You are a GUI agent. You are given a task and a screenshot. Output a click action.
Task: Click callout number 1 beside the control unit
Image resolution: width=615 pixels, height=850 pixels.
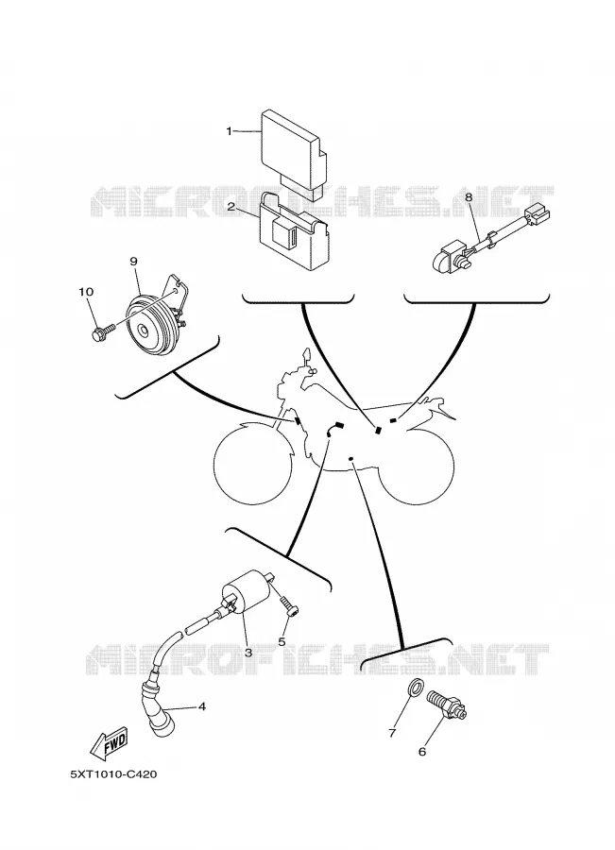229,131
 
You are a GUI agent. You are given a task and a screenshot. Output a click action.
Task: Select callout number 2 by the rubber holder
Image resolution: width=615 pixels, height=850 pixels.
231,207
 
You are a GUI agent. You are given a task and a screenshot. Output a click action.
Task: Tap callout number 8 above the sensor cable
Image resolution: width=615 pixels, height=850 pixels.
469,198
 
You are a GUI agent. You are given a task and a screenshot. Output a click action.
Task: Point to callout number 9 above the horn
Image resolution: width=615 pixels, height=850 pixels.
133,262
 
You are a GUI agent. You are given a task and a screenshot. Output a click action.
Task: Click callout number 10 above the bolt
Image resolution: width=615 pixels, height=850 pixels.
86,292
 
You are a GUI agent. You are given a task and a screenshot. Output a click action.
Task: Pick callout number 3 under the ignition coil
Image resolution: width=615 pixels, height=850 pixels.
248,653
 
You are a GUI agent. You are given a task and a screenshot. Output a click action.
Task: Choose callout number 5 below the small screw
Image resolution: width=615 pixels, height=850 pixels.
282,642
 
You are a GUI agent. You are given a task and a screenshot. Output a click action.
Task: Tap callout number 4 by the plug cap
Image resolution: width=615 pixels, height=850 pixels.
202,706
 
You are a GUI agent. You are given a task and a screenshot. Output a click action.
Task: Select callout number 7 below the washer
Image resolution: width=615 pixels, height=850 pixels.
392,733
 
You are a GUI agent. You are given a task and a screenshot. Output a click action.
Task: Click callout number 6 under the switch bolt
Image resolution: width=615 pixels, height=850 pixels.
422,752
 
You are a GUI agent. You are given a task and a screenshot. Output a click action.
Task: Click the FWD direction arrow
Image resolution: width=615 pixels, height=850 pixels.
109,741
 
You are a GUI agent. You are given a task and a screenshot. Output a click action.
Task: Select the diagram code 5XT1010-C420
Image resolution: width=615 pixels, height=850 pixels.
113,774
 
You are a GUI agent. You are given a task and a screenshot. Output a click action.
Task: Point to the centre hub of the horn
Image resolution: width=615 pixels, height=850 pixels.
145,331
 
